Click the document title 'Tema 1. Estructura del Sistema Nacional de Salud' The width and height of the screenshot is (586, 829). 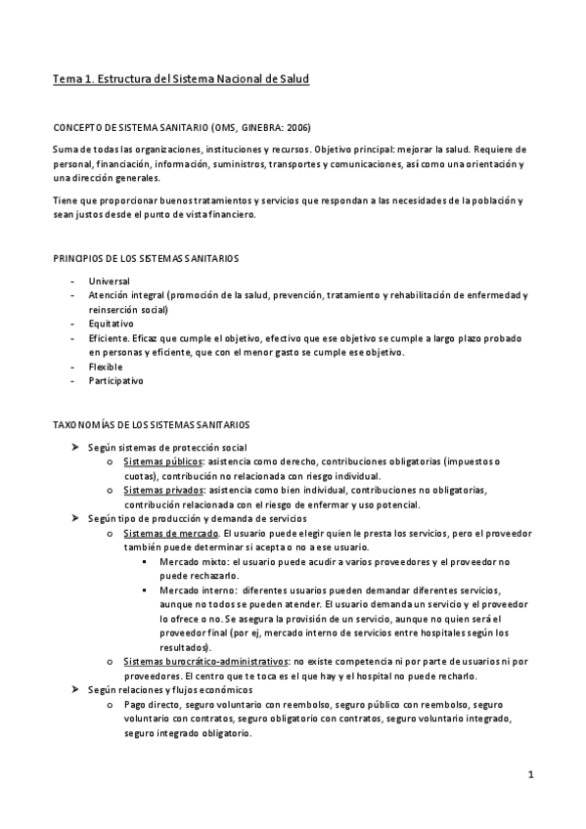pyautogui.click(x=181, y=76)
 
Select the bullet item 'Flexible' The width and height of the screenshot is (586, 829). pyautogui.click(x=105, y=367)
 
